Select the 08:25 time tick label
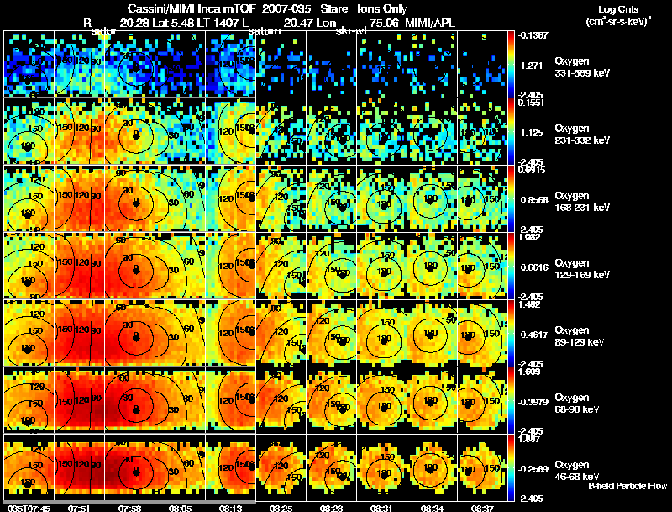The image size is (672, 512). click(x=281, y=508)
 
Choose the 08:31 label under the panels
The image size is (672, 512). click(x=384, y=508)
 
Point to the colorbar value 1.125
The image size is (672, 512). click(x=531, y=133)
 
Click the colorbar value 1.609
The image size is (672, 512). click(x=530, y=371)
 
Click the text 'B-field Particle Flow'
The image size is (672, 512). click(x=627, y=487)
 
